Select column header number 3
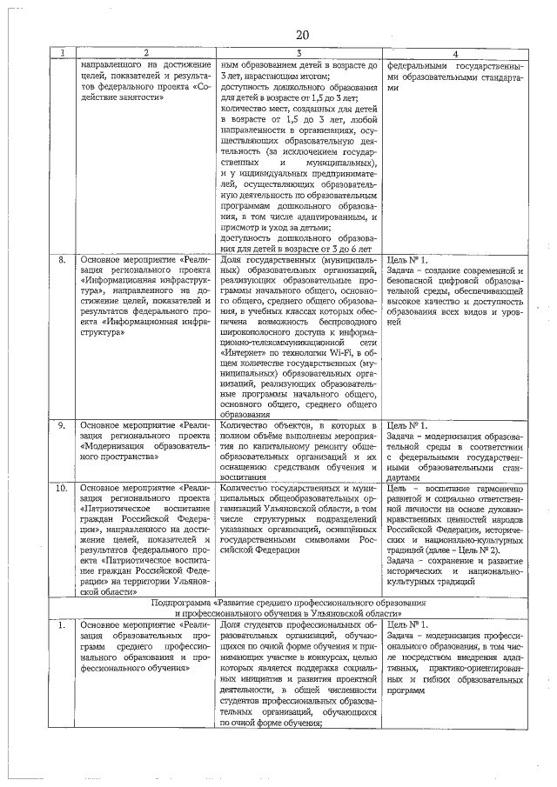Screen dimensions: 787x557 (x=298, y=54)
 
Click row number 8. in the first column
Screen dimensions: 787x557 (x=63, y=259)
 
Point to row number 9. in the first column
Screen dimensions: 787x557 (x=63, y=425)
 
